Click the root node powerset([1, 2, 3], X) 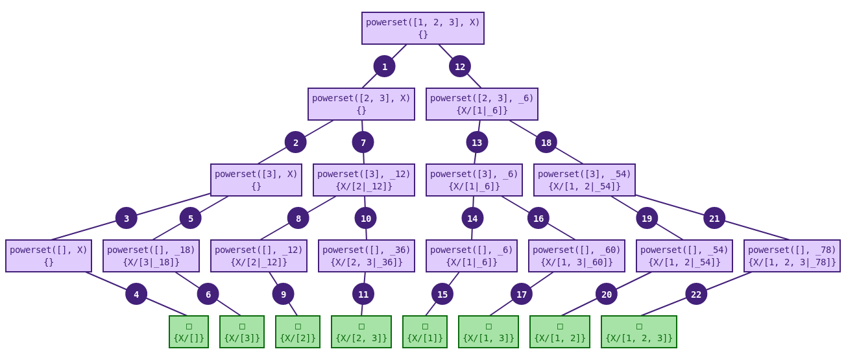point(422,28)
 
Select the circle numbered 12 point(460,66)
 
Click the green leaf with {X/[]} point(189,331)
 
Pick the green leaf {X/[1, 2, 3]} point(638,331)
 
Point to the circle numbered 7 point(363,142)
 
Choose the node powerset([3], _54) point(584,180)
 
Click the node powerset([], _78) point(792,256)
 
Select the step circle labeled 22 point(696,294)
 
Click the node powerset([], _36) point(366,256)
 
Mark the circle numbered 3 point(127,218)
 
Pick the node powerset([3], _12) point(363,180)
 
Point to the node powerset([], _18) point(151,256)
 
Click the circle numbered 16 point(538,218)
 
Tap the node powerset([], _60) point(576,256)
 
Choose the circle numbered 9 point(283,294)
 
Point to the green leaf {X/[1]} point(424,331)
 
